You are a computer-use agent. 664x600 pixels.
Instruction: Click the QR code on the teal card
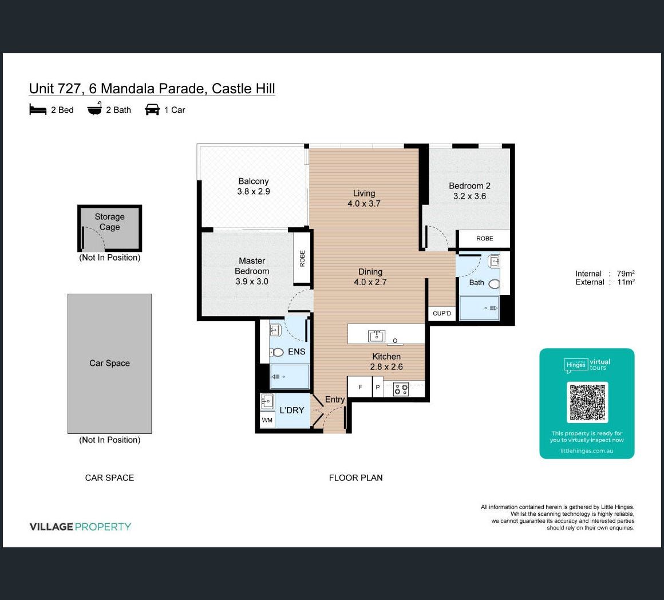[587, 402]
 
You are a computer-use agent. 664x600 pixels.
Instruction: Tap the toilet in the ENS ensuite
[277, 352]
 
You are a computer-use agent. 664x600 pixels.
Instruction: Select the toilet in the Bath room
[494, 284]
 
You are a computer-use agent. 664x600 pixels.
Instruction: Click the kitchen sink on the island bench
[377, 335]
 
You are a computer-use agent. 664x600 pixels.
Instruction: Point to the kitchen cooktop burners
[401, 389]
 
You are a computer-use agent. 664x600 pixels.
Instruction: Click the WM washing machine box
[267, 420]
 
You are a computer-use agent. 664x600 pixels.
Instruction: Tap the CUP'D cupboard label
[442, 313]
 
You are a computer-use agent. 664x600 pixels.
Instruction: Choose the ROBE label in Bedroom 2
[484, 238]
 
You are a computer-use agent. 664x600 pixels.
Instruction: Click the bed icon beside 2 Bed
[38, 110]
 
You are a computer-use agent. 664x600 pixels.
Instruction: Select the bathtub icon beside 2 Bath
[95, 109]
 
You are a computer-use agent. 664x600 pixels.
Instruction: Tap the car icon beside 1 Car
[152, 110]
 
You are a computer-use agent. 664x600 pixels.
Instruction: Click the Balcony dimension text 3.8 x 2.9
[254, 191]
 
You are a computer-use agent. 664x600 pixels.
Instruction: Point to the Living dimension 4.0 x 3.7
[364, 204]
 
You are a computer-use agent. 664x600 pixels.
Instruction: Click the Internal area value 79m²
[626, 274]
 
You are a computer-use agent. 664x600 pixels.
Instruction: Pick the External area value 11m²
[626, 282]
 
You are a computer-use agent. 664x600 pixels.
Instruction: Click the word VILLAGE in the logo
[52, 527]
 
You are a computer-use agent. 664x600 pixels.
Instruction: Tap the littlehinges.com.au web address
[587, 451]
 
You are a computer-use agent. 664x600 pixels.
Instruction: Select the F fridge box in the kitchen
[360, 387]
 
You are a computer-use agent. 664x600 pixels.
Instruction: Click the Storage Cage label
[110, 222]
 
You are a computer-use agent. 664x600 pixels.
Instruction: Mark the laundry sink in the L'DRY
[267, 401]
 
